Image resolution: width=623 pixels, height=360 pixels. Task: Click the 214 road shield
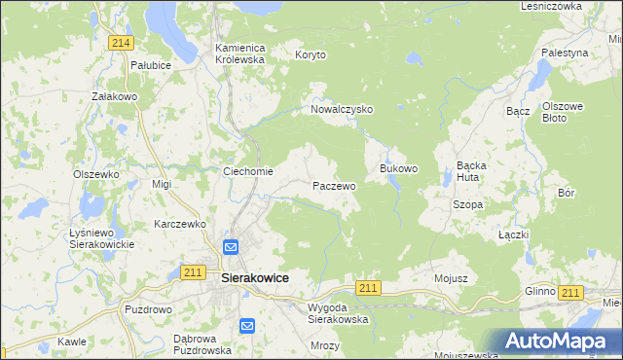(x=122, y=43)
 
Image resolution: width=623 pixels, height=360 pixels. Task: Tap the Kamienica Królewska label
(x=240, y=53)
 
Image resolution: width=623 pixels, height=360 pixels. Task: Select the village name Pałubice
(x=151, y=65)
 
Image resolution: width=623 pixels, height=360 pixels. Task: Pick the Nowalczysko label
(x=342, y=110)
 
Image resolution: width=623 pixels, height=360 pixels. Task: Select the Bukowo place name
(x=398, y=168)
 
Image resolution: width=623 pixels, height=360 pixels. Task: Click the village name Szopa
(x=468, y=205)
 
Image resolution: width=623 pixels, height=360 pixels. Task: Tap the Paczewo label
(x=334, y=185)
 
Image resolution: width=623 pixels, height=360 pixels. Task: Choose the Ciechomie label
(x=248, y=172)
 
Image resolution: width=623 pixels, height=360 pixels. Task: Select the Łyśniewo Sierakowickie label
(x=102, y=238)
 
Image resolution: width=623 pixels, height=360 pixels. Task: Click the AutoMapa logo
(x=555, y=341)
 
